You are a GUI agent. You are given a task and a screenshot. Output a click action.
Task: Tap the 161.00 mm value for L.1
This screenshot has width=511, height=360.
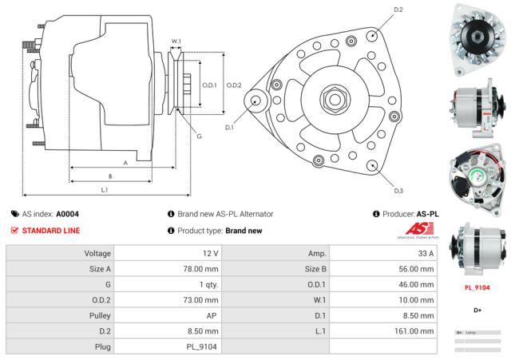coord(417,330)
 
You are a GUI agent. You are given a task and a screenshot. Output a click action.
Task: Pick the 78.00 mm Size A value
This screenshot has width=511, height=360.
coord(200,269)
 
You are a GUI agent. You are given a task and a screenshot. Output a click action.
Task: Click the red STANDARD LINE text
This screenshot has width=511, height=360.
coord(51,231)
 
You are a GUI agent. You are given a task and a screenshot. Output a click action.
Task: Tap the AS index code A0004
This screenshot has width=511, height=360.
coord(66,214)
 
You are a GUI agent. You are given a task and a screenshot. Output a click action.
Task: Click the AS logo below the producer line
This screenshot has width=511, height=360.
coord(418,231)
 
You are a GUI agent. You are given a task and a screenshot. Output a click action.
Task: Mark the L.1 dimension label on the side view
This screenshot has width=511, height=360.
coord(105,189)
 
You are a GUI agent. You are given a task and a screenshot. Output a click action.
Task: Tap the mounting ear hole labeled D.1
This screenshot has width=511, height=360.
coord(255,101)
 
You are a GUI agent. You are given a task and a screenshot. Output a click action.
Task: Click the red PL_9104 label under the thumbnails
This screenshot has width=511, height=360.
coord(477,287)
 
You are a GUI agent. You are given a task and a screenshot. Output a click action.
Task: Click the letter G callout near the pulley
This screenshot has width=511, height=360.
coord(199,136)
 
